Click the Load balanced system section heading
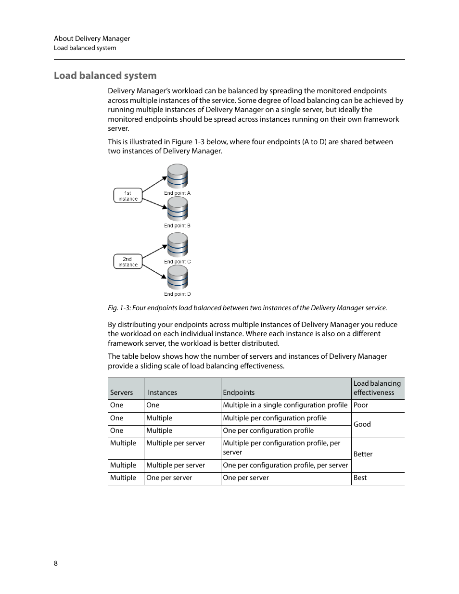(105, 76)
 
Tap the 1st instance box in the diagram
(128, 196)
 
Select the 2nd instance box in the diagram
(128, 262)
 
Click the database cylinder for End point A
(177, 177)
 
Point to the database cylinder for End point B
(177, 209)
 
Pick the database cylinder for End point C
(177, 245)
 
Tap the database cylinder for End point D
(177, 278)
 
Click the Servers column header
(121, 392)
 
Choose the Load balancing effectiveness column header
(377, 388)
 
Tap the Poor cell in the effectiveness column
(361, 405)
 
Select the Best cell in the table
(360, 478)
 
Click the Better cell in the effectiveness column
(363, 454)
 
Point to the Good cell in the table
(362, 424)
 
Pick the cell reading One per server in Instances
(169, 478)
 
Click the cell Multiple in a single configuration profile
(285, 405)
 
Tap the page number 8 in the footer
(56, 563)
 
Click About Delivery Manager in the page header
(92, 38)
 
